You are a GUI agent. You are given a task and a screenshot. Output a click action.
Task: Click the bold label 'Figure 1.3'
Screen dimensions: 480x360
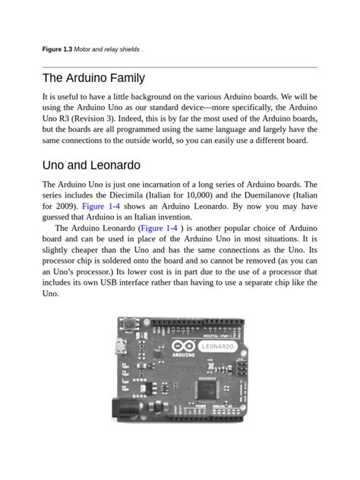pyautogui.click(x=57, y=50)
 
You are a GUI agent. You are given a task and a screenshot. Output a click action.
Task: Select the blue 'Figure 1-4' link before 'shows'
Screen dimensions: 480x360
pyautogui.click(x=103, y=206)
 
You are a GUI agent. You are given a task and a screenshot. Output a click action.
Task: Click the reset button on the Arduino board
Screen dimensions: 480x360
pyautogui.click(x=128, y=327)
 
